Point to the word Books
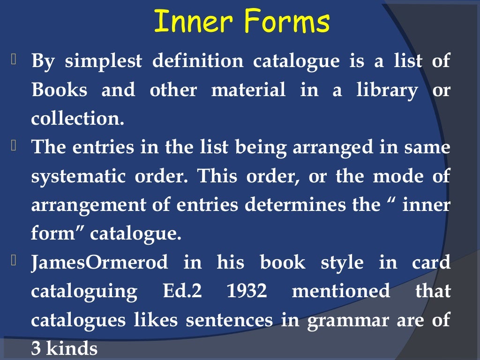pyautogui.click(x=60, y=90)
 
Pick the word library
pyautogui.click(x=380, y=90)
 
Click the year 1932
pyautogui.click(x=247, y=291)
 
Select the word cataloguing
pyautogui.click(x=84, y=292)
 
